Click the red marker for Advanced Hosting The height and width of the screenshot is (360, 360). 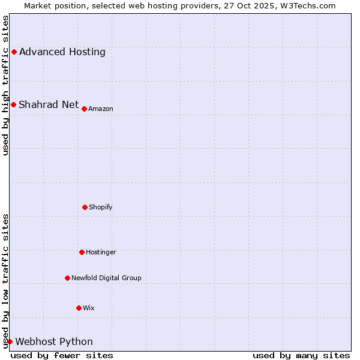pos(14,52)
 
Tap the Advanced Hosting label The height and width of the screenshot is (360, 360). pos(62,52)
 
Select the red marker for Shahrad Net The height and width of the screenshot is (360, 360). pos(13,105)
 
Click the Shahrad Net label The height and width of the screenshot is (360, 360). pos(49,105)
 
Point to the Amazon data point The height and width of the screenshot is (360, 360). pos(85,109)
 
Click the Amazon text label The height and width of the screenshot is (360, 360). pos(101,109)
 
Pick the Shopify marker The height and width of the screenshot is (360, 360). pos(85,207)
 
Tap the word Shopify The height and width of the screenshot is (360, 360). pos(100,207)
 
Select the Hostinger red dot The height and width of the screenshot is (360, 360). pos(82,252)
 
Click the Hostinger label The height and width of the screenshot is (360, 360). pos(101,252)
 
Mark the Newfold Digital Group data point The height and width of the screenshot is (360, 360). pos(67,278)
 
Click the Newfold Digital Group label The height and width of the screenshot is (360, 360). pos(106,278)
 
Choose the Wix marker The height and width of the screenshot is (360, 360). pos(79,308)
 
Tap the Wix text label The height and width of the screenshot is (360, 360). pos(89,308)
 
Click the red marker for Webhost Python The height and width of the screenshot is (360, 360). pos(10,341)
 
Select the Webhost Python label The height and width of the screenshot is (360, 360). pos(54,342)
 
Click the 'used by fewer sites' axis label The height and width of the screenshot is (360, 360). pos(62,355)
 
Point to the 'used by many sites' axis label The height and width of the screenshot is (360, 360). pos(301,355)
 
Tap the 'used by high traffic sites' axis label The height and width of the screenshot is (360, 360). pos(5,85)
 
